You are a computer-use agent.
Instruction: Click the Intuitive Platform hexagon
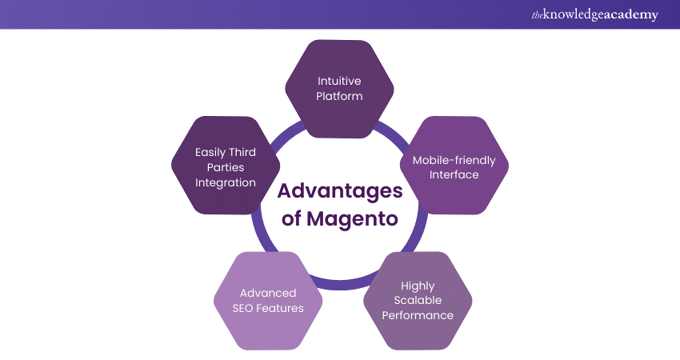[x=340, y=87]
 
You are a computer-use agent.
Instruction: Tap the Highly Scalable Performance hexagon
[x=418, y=301]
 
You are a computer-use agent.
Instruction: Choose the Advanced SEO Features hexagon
[x=268, y=301]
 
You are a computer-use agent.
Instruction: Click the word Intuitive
[x=340, y=80]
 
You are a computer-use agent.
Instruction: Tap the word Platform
[x=340, y=96]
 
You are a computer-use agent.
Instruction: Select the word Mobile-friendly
[x=454, y=160]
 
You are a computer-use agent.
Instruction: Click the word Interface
[x=454, y=175]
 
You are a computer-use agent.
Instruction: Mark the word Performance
[x=418, y=315]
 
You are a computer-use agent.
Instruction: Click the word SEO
[x=245, y=308]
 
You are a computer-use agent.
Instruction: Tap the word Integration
[x=225, y=182]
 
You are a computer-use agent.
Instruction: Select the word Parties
[x=225, y=166]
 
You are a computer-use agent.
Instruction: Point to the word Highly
[x=418, y=285]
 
